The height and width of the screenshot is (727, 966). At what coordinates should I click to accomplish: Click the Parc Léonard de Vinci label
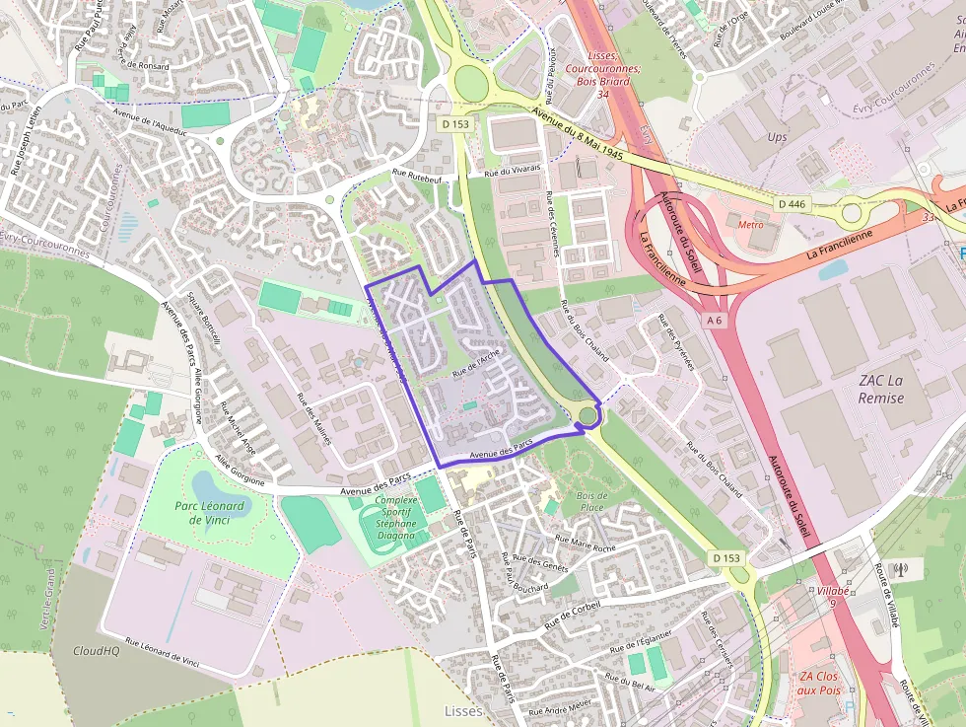[209, 514]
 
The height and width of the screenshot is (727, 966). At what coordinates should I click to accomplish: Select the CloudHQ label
[96, 651]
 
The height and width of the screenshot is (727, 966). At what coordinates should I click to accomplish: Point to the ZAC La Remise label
[881, 388]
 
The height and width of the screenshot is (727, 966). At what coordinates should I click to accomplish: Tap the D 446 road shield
[792, 203]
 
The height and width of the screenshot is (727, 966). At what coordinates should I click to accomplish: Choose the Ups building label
[777, 137]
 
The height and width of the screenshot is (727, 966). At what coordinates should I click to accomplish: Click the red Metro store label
[751, 224]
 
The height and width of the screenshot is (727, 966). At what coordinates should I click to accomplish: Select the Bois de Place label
[591, 501]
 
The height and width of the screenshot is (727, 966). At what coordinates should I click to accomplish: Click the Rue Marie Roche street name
[586, 542]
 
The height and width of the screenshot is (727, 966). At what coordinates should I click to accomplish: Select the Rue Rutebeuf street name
[418, 177]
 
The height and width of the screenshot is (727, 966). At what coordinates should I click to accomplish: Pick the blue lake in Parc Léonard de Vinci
[208, 486]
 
